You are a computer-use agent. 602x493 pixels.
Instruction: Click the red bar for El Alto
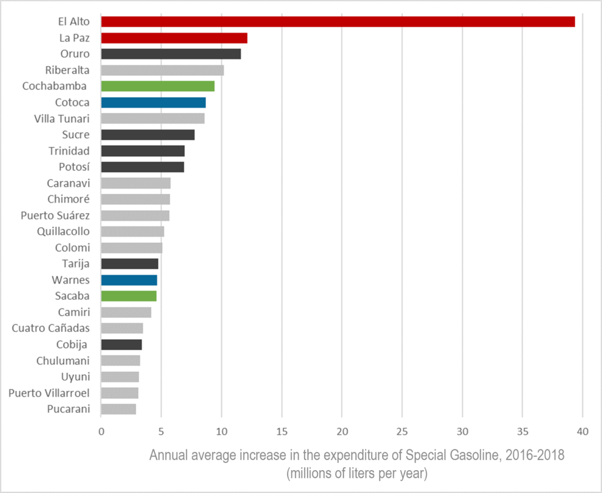pos(337,22)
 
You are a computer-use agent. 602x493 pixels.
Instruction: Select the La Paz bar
pos(174,38)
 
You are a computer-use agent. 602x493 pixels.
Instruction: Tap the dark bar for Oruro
pos(170,54)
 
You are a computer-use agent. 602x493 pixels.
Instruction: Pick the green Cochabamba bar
pos(158,86)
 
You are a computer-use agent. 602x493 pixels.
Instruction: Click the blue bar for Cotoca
pos(153,102)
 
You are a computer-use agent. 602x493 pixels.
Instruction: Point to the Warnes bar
pos(129,279)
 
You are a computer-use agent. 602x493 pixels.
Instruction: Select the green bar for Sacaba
pos(129,296)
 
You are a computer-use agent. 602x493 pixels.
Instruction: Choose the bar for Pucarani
pos(118,409)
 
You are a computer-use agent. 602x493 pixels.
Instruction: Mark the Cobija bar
pos(121,344)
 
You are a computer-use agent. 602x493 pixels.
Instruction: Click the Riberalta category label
pos(68,70)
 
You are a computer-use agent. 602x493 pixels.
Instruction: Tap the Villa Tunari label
pos(62,118)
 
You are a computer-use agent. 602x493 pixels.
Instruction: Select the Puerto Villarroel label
pos(49,392)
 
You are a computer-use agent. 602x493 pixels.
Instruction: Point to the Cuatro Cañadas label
pos(51,328)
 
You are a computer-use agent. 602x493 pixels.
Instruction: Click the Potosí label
pos(74,166)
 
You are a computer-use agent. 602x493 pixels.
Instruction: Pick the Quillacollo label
pos(63,231)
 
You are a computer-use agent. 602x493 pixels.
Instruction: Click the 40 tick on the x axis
pos(583,431)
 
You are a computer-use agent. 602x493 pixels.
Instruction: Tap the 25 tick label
pos(402,431)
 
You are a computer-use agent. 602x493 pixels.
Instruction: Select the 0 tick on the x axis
pos(101,431)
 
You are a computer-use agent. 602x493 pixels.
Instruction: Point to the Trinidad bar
pos(143,151)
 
